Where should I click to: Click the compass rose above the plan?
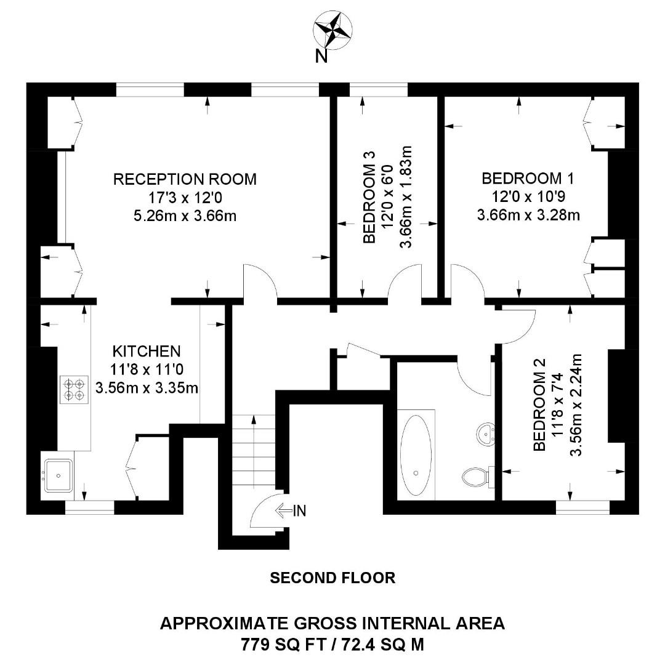tap(332, 30)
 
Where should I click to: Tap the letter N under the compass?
tap(320, 56)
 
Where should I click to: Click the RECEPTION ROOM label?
tap(185, 179)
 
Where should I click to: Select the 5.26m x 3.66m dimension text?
tap(185, 216)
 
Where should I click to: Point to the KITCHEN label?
tap(147, 352)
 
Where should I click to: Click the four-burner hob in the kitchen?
tap(73, 390)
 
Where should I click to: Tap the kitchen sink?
tap(58, 475)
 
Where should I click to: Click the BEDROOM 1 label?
tap(528, 179)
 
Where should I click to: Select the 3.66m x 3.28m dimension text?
tap(528, 216)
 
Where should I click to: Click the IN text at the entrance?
tap(299, 510)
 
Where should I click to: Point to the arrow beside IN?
tap(283, 510)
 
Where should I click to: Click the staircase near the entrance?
tap(254, 449)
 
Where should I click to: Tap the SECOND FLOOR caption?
tap(332, 578)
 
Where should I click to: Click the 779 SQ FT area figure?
tap(281, 645)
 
